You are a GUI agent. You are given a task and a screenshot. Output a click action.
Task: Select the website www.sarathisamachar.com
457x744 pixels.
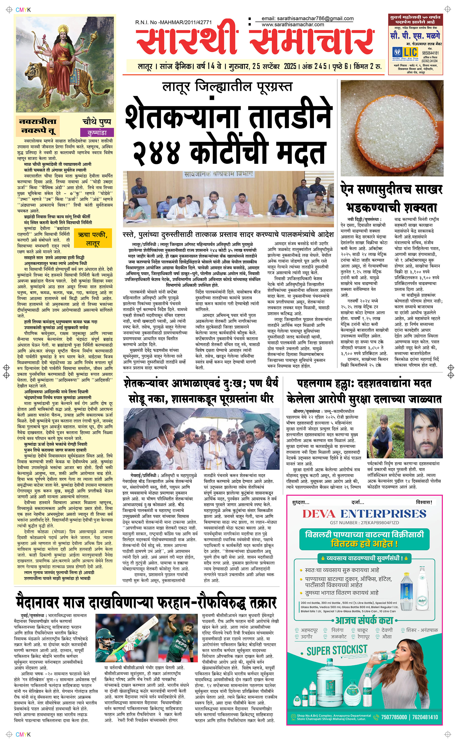(x=292, y=24)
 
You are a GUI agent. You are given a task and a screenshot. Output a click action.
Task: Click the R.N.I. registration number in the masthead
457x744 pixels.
(x=173, y=22)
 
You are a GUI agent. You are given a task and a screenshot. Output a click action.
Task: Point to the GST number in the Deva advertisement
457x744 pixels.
(x=364, y=523)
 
